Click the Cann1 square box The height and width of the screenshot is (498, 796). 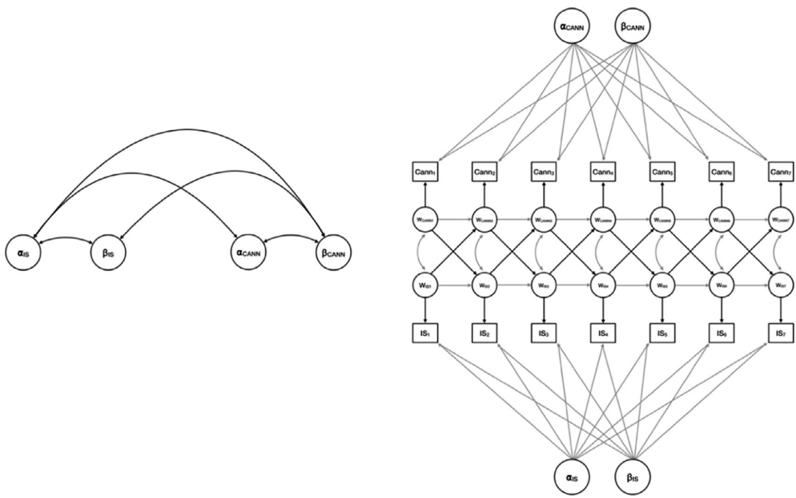click(424, 172)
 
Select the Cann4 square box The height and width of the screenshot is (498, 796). click(602, 172)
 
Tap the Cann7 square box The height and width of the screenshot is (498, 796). click(780, 172)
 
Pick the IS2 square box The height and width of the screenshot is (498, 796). click(483, 331)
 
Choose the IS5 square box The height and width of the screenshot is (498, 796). click(661, 331)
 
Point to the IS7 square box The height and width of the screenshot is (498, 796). click(780, 331)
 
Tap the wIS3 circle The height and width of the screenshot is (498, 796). click(542, 285)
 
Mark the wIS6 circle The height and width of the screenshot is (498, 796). click(721, 285)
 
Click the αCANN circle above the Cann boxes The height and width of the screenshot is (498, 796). click(573, 26)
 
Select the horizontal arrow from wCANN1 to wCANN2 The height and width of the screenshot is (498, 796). click(453, 217)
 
